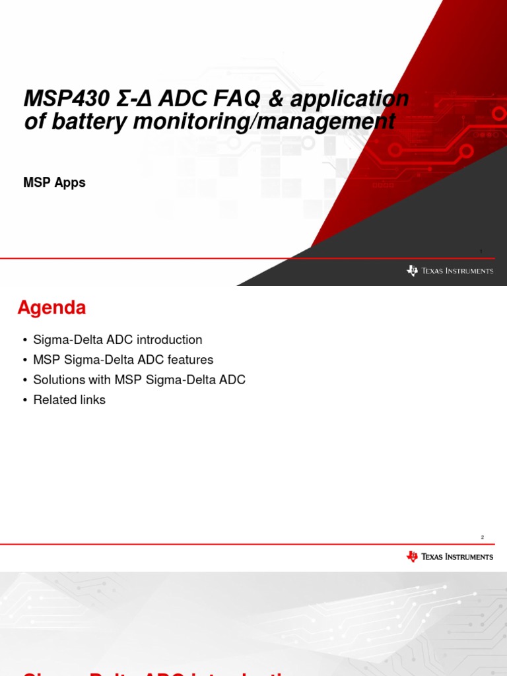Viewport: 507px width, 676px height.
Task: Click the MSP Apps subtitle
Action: [54, 183]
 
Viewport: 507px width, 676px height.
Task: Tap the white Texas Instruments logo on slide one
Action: [450, 271]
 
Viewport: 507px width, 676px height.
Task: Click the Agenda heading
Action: [51, 308]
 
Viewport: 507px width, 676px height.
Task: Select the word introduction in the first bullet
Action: [168, 340]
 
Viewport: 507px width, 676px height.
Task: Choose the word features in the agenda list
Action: [190, 360]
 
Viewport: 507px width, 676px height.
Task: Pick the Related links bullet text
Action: [69, 400]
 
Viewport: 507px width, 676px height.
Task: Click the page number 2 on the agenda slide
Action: [483, 537]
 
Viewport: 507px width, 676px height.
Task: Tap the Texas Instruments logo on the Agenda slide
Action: [450, 557]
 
